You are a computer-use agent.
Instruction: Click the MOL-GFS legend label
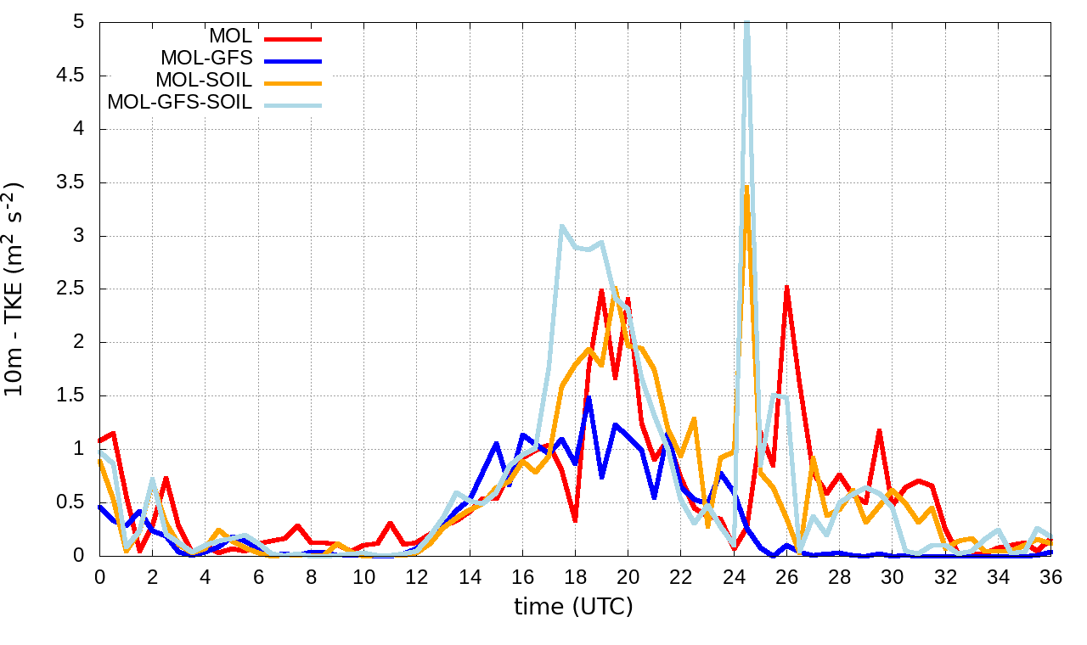tap(206, 59)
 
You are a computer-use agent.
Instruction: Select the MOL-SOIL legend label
tap(204, 81)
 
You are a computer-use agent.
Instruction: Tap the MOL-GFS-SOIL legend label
tap(180, 103)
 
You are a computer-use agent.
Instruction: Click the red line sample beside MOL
tap(293, 38)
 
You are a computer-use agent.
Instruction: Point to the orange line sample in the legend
tap(293, 82)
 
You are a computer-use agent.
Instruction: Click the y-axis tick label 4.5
tap(71, 76)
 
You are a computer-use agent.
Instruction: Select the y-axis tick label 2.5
tap(71, 289)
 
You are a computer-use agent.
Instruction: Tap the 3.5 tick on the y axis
tap(71, 182)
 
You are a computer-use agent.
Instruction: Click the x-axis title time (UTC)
tap(574, 607)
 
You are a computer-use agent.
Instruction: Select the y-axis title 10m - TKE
tap(16, 289)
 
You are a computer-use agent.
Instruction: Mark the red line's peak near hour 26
tap(787, 287)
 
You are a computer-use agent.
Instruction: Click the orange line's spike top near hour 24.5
tap(746, 187)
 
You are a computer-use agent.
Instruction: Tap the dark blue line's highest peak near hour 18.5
tap(588, 397)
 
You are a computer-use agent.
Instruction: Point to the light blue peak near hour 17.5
tap(562, 226)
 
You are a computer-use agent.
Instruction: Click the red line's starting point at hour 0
tap(99, 440)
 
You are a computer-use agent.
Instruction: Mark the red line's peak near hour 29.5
tap(880, 430)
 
